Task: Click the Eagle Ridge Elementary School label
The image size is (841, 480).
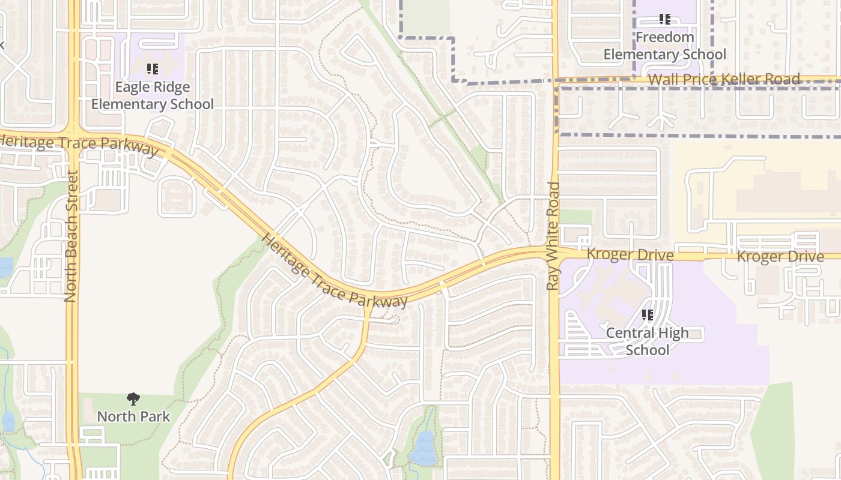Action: click(x=152, y=95)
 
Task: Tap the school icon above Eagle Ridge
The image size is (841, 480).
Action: click(x=152, y=69)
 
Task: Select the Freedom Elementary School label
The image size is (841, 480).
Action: click(x=664, y=46)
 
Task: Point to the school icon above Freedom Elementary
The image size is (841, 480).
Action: click(x=664, y=19)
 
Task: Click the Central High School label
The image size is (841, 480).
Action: click(x=647, y=341)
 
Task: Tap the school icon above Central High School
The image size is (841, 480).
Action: click(x=647, y=314)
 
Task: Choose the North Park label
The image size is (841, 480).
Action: click(x=133, y=416)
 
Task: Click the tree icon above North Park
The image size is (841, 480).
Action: click(x=133, y=398)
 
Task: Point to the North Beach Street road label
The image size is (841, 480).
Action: click(x=71, y=236)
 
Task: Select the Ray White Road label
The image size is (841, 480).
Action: click(x=553, y=236)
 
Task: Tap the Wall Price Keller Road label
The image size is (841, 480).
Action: click(x=724, y=79)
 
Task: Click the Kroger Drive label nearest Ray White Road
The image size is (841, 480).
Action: click(x=630, y=254)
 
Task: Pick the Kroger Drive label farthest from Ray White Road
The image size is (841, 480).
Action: click(x=780, y=257)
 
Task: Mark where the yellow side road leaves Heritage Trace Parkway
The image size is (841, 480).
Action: click(x=368, y=304)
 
